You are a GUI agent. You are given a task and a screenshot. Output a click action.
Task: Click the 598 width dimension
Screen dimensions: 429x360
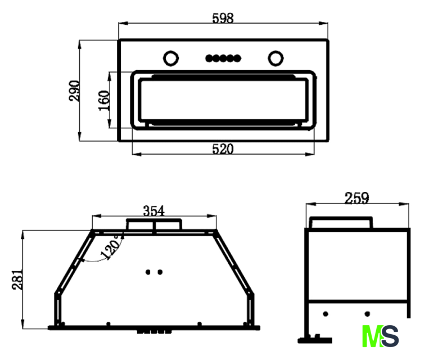click(223, 19)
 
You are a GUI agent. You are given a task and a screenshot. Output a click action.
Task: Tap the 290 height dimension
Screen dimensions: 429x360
click(74, 91)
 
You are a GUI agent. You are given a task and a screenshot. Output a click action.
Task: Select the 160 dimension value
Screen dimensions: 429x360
click(104, 100)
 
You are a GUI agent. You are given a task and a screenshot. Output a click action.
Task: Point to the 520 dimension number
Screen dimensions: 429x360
click(223, 149)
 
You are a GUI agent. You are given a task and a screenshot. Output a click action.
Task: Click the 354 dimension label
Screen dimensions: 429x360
click(153, 211)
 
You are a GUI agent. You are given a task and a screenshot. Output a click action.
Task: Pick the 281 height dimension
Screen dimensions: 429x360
click(17, 280)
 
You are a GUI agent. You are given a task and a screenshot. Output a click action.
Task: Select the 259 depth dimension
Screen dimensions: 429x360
click(356, 197)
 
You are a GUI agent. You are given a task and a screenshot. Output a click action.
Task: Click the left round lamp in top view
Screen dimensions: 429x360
click(171, 58)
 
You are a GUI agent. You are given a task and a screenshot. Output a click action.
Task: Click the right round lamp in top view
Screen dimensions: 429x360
click(276, 58)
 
